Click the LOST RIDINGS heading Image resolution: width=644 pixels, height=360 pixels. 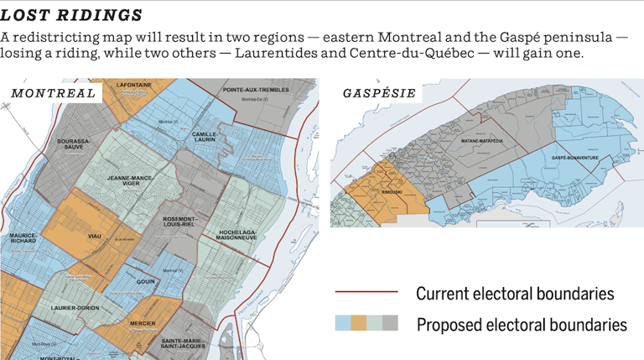click(71, 15)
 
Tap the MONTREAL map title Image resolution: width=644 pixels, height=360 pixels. click(54, 92)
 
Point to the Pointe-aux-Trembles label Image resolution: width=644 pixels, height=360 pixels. click(257, 89)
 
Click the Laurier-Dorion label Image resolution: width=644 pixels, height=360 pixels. click(75, 308)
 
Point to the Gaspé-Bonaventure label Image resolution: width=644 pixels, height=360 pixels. click(574, 157)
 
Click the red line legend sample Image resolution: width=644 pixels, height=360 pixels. click(366, 293)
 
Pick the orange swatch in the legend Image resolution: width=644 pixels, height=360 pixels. click(359, 324)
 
